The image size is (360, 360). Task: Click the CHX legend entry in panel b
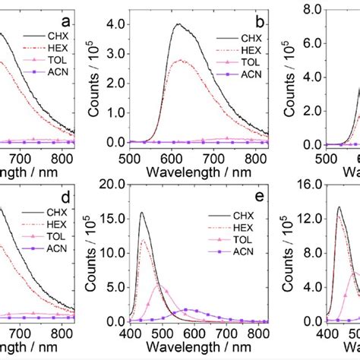(x=235, y=37)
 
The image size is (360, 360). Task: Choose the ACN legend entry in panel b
(x=235, y=74)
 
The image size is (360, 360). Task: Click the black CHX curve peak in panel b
(x=178, y=24)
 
